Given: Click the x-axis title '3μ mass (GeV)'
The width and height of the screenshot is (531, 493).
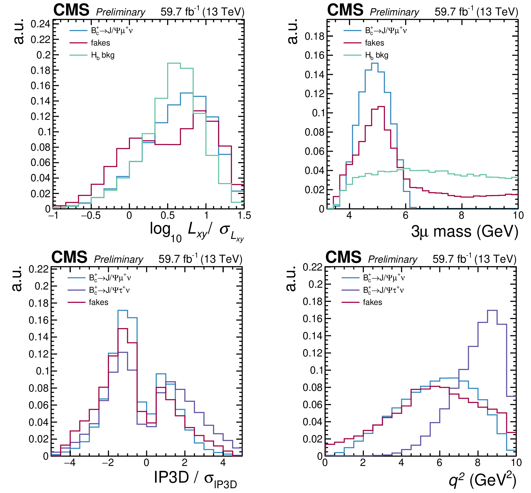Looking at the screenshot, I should point(464,231).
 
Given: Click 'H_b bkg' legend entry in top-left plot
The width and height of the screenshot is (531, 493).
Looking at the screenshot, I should point(103,55).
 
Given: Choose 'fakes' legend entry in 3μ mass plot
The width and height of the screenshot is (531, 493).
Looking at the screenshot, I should point(374,43).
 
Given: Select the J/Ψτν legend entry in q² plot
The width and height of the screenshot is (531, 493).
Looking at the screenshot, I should point(383,290).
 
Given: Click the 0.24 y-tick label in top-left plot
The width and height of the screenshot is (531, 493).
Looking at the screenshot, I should point(40,24).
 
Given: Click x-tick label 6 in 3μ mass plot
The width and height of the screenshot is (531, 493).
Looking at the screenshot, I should point(405,216).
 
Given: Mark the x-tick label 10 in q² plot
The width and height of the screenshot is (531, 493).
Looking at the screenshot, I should point(516,463).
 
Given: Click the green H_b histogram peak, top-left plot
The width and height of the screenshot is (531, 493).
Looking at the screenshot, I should point(174,63).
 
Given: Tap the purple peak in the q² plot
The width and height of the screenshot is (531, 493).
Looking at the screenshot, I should point(492,310).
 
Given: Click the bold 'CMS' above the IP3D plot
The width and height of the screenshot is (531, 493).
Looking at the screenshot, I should point(69,257).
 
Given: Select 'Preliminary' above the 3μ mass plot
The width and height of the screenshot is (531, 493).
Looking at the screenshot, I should point(394,12).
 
